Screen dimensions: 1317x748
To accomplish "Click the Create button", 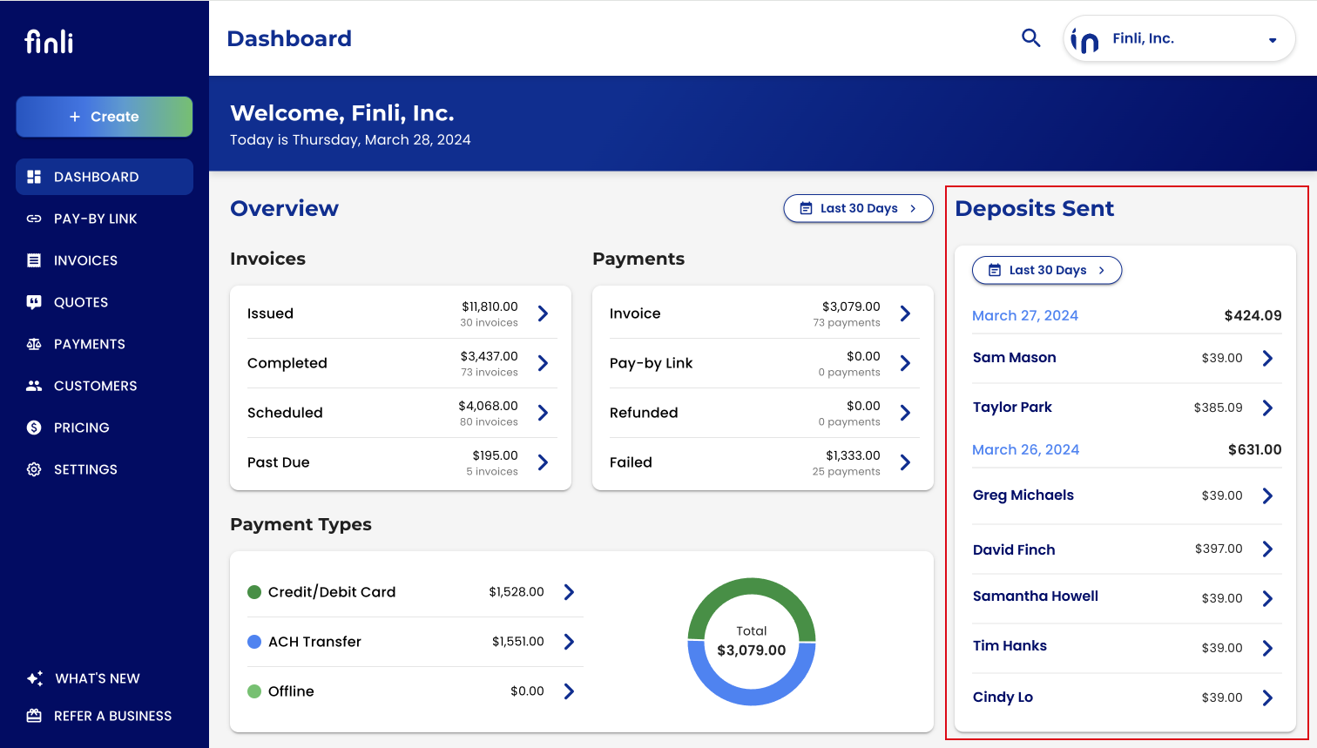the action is (104, 117).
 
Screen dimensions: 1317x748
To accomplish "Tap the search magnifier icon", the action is (1030, 38).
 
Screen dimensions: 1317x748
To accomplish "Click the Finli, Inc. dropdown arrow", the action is (1273, 40).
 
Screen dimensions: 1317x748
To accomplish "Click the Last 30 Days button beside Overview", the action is (858, 208).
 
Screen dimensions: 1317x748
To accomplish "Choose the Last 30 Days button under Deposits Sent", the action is (1047, 270).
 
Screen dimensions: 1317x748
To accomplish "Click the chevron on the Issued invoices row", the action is (544, 313).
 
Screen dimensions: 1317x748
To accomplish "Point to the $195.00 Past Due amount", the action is (495, 455).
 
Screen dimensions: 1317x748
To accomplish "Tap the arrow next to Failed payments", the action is (906, 462).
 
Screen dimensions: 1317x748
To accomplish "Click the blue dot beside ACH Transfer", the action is (254, 642).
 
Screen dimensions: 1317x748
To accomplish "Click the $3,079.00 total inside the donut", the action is (752, 650).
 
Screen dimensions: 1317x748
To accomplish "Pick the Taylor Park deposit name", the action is (1012, 408).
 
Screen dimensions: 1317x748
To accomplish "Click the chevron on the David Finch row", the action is (1267, 549).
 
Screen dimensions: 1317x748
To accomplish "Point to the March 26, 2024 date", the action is (1025, 449).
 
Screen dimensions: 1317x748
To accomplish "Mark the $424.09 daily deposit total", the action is (1253, 315).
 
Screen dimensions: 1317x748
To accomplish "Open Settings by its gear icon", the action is (34, 469).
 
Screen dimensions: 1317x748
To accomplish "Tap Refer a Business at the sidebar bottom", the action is (98, 716).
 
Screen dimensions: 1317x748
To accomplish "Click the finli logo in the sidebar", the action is (49, 41).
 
